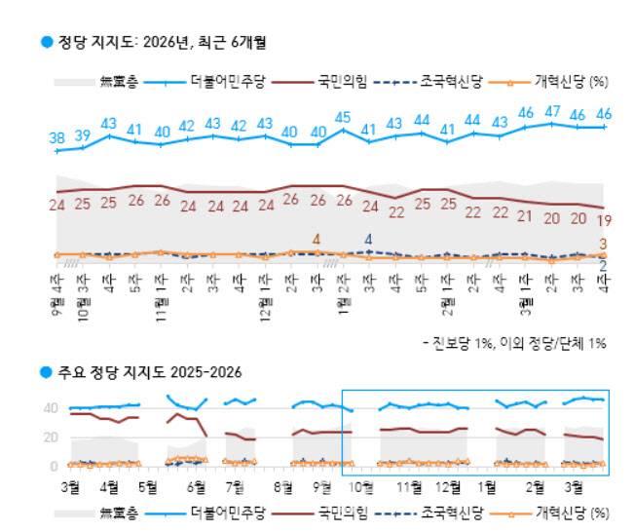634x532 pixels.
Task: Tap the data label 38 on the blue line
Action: point(56,137)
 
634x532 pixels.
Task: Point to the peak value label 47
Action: point(553,112)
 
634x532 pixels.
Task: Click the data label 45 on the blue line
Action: point(343,118)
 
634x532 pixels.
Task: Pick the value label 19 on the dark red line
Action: point(604,221)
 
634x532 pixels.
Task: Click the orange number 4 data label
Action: point(317,239)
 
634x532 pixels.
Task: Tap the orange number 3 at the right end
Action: point(604,244)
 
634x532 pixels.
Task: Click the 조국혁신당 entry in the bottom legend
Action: point(450,512)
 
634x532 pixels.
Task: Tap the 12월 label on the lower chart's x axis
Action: point(449,484)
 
